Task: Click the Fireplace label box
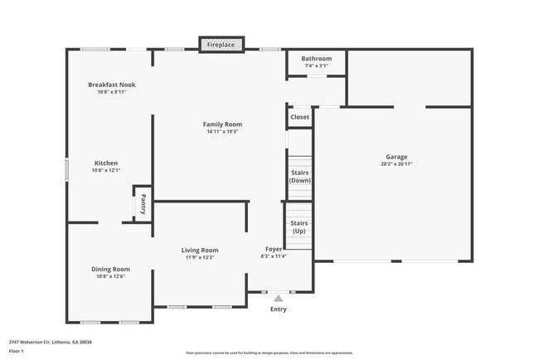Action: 221,44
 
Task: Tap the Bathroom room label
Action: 316,59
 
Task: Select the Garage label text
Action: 396,157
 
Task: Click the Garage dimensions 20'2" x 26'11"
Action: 396,164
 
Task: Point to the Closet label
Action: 299,117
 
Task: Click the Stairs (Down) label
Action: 299,176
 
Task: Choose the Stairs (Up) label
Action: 299,226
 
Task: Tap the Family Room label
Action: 222,124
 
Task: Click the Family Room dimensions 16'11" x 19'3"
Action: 222,132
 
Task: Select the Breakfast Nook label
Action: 112,85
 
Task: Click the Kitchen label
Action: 105,163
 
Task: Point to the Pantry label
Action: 143,204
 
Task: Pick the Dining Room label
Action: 110,269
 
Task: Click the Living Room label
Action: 200,250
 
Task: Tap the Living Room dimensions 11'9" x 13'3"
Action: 200,257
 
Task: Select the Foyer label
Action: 274,249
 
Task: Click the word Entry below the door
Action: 279,309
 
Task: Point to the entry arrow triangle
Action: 279,297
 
